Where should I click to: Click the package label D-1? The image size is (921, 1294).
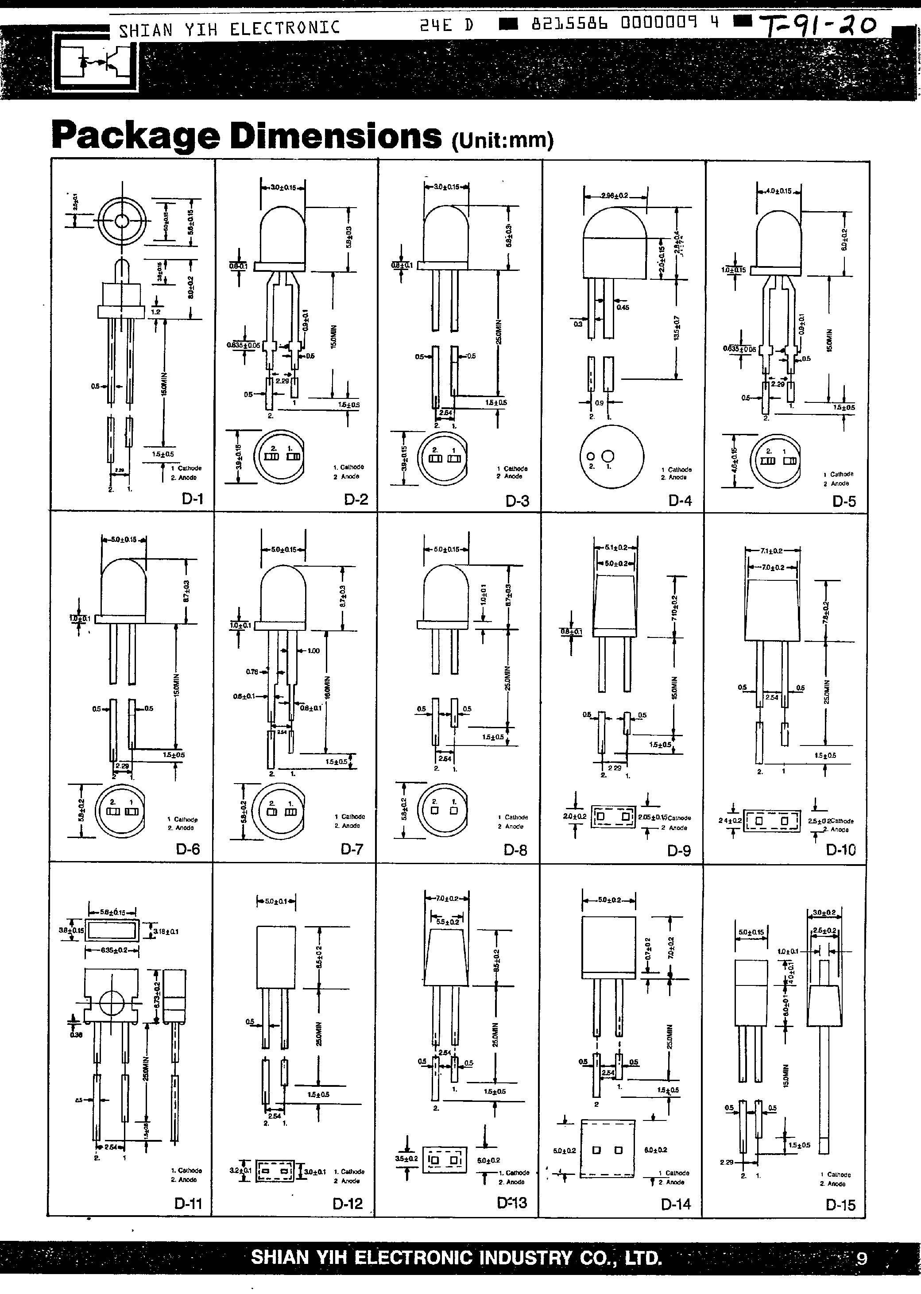click(192, 499)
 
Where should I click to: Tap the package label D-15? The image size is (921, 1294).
click(840, 1205)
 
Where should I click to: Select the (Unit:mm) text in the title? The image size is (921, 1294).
click(503, 139)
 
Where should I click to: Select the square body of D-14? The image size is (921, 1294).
click(608, 947)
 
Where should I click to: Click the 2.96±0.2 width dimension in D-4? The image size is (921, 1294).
click(615, 196)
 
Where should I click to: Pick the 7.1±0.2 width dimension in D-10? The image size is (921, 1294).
click(772, 551)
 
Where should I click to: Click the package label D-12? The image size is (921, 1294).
click(348, 1204)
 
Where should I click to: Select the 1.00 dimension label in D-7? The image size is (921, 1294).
click(313, 650)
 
